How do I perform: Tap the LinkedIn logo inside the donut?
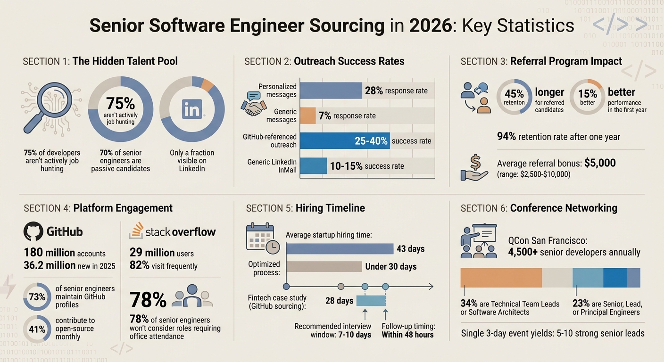(192, 109)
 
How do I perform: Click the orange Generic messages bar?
(308, 115)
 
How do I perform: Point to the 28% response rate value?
(374, 90)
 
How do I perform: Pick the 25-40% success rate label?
(371, 140)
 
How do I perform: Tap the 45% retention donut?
(514, 97)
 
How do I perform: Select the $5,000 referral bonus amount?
(599, 163)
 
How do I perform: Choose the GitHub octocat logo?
(33, 231)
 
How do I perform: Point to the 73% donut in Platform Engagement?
(37, 297)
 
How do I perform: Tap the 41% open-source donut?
(37, 329)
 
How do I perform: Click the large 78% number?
(148, 300)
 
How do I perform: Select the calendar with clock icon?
(262, 238)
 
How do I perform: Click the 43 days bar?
(340, 249)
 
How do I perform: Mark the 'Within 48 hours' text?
(407, 335)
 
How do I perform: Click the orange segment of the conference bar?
(501, 278)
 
